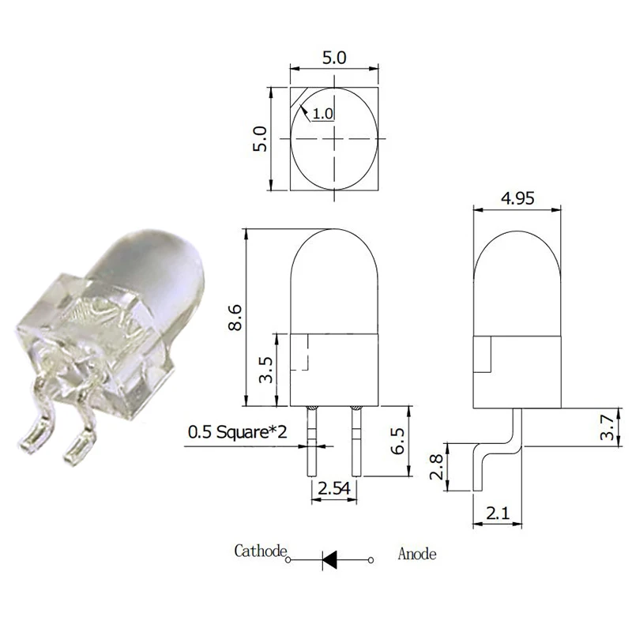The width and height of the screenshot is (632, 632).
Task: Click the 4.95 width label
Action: tap(518, 198)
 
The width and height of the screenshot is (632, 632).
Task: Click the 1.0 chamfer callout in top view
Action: tap(322, 114)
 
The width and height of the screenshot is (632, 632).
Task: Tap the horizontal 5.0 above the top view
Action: tap(336, 58)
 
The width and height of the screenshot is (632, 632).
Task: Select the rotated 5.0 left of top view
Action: tap(263, 139)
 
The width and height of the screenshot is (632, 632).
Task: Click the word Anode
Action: tap(417, 553)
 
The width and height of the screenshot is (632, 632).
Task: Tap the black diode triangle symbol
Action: tap(332, 560)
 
